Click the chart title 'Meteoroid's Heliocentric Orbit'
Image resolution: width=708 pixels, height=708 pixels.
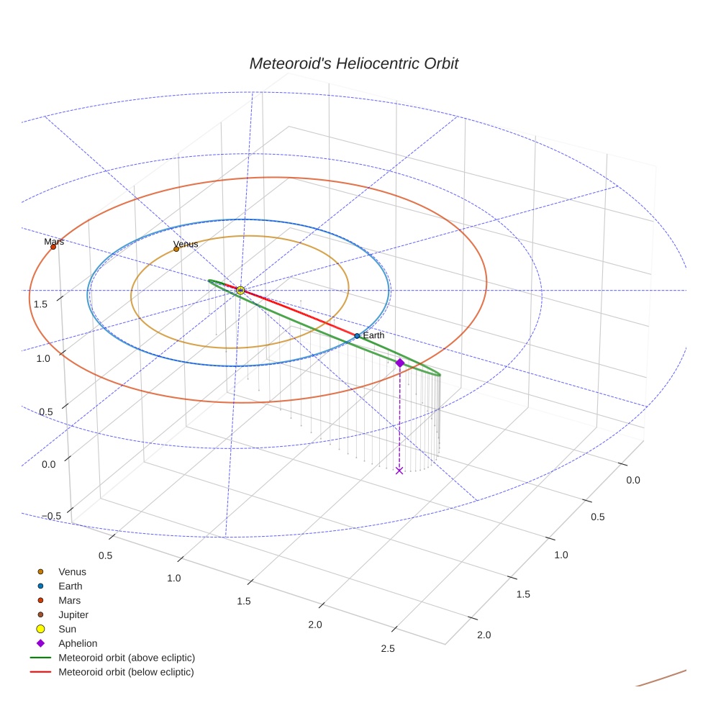tap(353, 63)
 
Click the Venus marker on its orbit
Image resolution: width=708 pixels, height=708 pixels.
tap(176, 249)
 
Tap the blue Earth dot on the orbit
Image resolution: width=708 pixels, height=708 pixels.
tap(357, 336)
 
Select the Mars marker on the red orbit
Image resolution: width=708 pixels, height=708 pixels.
tap(53, 247)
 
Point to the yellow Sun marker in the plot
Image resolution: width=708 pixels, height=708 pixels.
tap(240, 290)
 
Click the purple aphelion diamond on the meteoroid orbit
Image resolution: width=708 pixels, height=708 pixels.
tap(400, 363)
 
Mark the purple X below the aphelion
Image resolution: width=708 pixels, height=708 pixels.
tap(399, 471)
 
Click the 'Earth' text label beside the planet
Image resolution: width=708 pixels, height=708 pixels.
tap(373, 335)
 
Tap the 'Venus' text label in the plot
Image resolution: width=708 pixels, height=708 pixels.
tap(186, 244)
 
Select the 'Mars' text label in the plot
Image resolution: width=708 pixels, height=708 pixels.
tap(54, 242)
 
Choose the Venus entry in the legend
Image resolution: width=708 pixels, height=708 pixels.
tap(72, 572)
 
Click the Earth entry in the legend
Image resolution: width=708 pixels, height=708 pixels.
tap(71, 586)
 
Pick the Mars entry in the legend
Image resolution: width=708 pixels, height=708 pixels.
tap(69, 600)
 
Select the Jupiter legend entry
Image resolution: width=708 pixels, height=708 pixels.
tap(73, 614)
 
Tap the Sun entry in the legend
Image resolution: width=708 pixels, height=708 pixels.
tap(67, 629)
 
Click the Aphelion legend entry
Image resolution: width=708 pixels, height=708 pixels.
tap(78, 643)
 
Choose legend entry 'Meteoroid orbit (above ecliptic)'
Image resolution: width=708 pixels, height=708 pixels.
tap(127, 658)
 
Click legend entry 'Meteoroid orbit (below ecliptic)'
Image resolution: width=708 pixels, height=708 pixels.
tap(126, 672)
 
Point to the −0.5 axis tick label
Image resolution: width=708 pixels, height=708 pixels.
tap(53, 516)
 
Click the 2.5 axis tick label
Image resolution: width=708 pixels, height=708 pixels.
tap(388, 649)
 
